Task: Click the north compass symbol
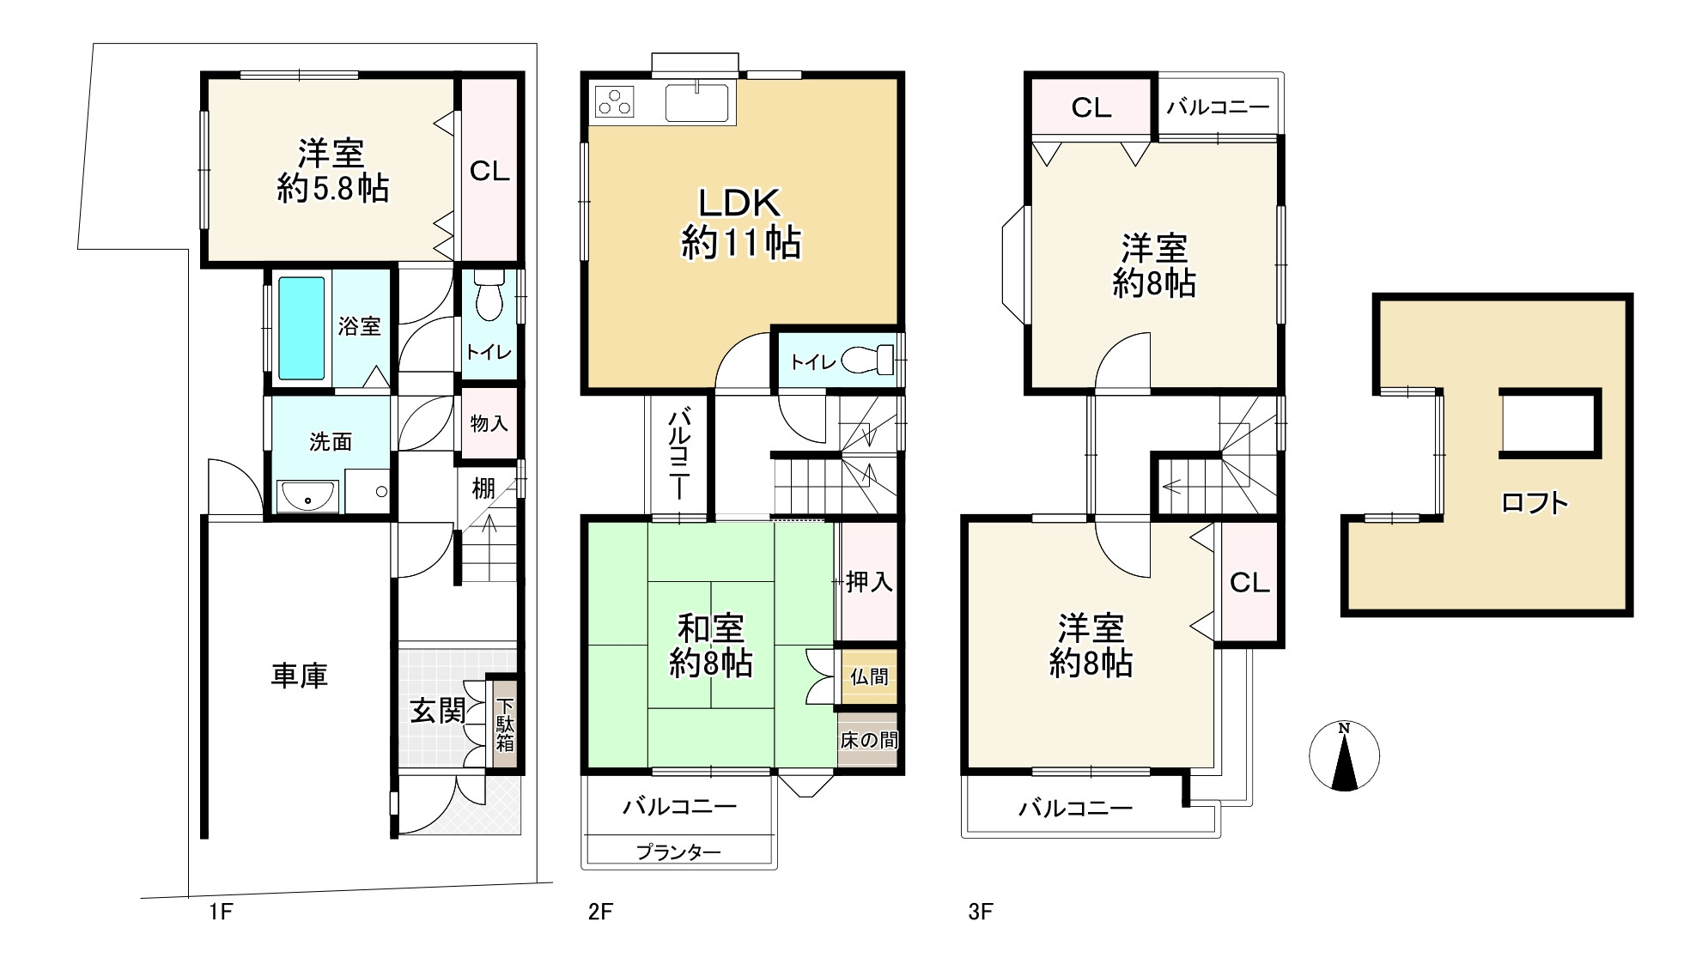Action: coord(1344,756)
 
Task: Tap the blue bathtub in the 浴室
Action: coord(301,328)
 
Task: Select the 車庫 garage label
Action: coord(300,676)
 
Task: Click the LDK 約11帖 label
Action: coord(741,223)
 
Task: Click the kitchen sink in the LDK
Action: coord(697,102)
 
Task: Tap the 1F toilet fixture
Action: coord(489,295)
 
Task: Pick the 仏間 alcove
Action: coord(868,676)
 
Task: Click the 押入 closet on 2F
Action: coord(868,582)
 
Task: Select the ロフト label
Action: coord(1535,502)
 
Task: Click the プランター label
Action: coord(678,852)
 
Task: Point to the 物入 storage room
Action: coord(489,423)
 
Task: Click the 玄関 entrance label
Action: coord(437,711)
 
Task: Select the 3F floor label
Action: coord(980,912)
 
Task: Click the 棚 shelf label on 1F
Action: coord(483,488)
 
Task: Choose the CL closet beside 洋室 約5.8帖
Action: coord(490,171)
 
